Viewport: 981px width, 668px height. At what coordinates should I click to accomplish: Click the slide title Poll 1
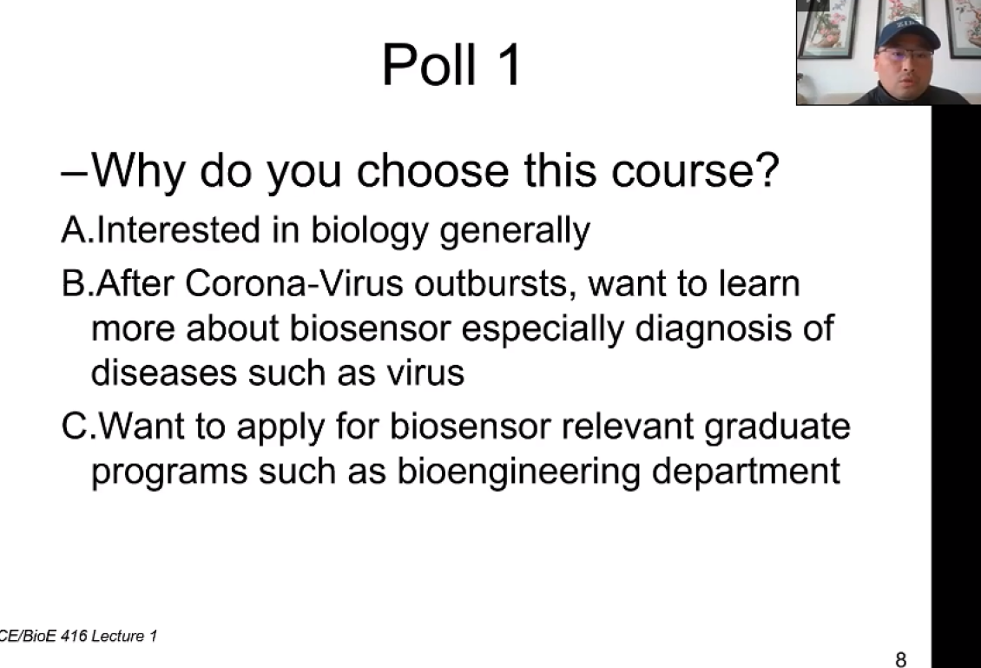click(451, 64)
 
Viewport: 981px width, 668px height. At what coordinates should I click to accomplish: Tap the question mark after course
click(767, 169)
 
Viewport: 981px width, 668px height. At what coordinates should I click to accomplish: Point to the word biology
click(369, 231)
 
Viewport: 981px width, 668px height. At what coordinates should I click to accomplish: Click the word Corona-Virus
click(294, 283)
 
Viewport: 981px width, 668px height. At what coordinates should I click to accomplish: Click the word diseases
click(164, 373)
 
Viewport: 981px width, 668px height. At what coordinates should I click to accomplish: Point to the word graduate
click(777, 427)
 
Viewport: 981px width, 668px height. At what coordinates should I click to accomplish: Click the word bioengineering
click(518, 473)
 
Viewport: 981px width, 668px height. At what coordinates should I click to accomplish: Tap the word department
click(746, 473)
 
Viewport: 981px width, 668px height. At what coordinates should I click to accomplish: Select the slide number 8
click(900, 659)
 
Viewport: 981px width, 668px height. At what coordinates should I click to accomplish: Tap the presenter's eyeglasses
click(905, 55)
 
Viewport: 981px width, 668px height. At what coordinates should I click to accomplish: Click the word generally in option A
click(515, 231)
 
